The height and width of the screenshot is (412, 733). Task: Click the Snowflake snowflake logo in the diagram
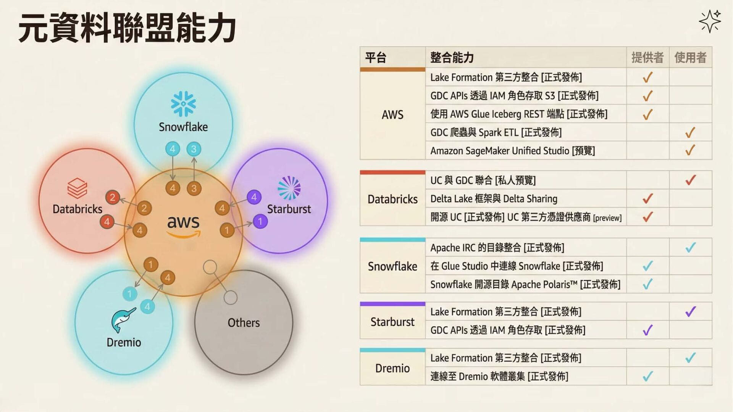coord(183,103)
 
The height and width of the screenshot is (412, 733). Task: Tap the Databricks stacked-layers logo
coord(77,188)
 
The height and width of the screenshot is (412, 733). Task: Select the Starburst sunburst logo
coord(289,188)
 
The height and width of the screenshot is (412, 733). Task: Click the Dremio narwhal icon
coord(123,320)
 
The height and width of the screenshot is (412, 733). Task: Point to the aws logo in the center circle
coord(183,225)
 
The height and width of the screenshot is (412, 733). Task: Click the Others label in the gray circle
coord(244,323)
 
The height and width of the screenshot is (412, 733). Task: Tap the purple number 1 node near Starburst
coord(260,221)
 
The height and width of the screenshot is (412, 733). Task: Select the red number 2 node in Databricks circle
coord(113,197)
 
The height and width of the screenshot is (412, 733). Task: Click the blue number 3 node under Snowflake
coord(194,149)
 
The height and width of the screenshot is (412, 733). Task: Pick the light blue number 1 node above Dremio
coord(129,293)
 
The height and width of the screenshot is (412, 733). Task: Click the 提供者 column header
coord(647,58)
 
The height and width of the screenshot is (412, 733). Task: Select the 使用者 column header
coord(690,58)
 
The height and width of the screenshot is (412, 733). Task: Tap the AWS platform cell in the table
coord(392,114)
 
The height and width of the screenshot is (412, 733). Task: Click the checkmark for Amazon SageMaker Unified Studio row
coord(690,150)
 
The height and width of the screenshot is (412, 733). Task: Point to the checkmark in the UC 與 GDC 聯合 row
coord(690,180)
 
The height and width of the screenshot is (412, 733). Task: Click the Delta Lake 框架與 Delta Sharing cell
coord(494,199)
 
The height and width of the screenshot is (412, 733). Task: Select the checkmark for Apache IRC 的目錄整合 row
coord(690,248)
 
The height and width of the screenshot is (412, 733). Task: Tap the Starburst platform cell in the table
coord(392,322)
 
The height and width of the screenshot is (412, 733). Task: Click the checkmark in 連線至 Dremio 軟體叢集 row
coord(647,377)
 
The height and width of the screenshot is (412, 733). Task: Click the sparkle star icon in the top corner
coord(710,21)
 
